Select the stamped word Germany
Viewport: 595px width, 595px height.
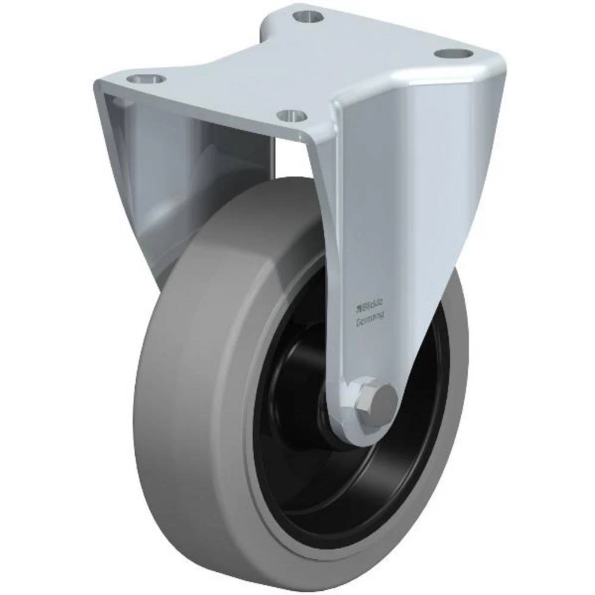(x=369, y=320)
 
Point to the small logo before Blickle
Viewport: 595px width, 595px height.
(x=358, y=308)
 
